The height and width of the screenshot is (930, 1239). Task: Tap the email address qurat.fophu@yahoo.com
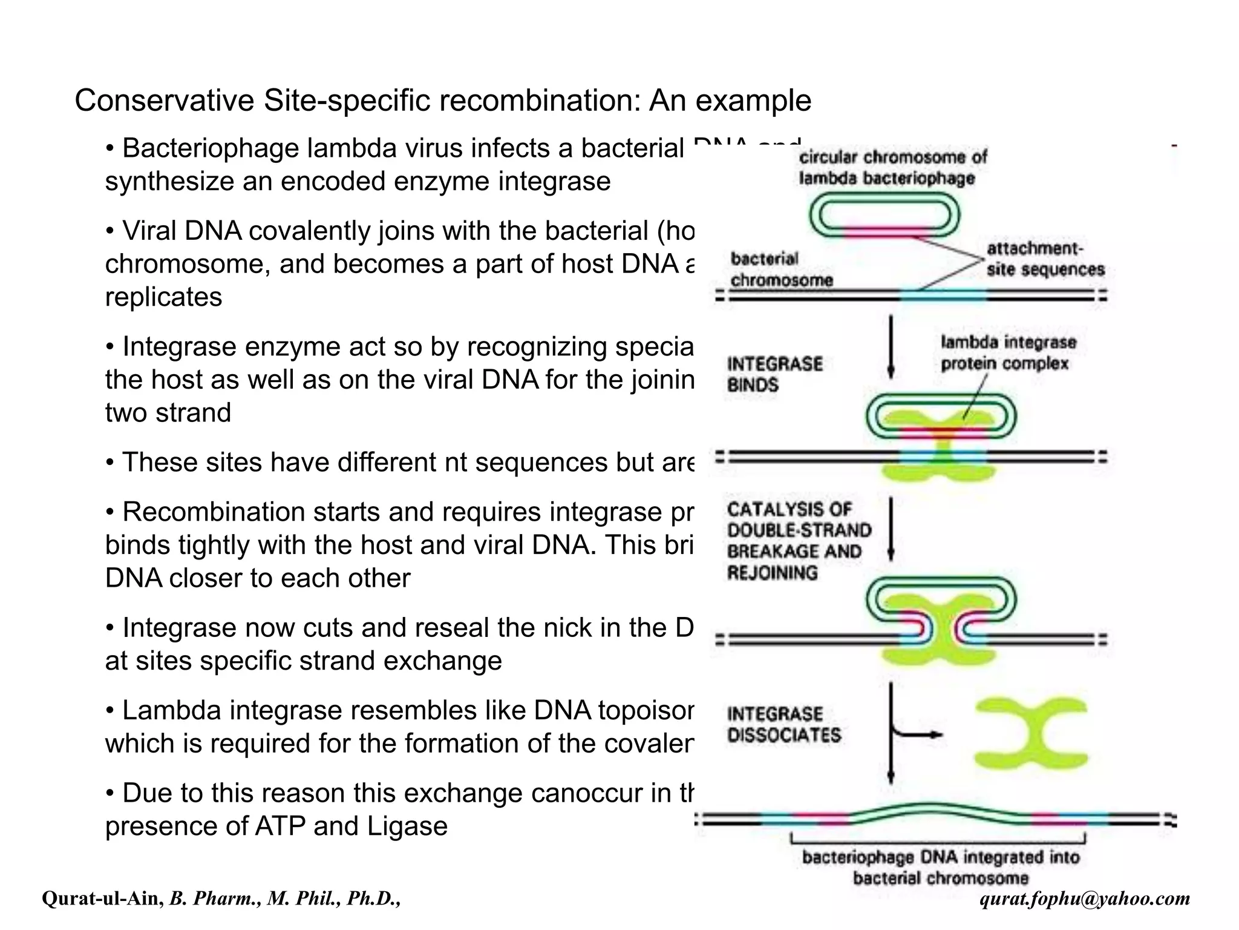[1085, 899]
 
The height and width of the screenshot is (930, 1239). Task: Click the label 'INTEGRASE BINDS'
[774, 374]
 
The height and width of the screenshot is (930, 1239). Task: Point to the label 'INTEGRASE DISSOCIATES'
[784, 725]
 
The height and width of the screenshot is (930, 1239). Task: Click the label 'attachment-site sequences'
[1045, 259]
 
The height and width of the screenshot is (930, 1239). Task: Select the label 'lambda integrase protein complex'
[1008, 353]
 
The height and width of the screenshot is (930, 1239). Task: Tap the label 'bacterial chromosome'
[780, 269]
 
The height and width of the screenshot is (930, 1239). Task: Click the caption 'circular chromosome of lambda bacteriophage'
[892, 168]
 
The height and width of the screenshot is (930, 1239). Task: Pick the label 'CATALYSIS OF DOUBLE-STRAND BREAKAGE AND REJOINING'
[799, 541]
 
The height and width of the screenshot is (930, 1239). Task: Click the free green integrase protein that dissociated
[1031, 733]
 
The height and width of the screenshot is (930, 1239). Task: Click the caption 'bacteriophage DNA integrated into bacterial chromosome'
[940, 867]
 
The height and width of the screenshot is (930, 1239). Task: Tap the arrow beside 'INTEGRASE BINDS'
[891, 348]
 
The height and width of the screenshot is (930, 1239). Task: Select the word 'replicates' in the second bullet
[163, 297]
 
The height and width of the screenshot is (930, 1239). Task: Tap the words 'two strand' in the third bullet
[168, 413]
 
